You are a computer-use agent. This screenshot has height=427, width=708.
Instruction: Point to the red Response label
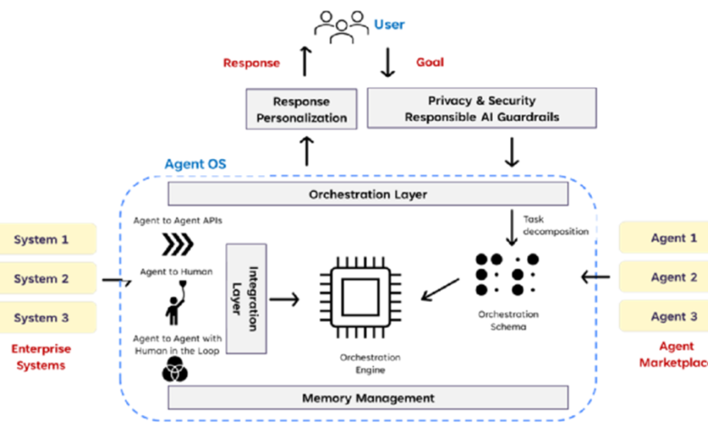click(251, 64)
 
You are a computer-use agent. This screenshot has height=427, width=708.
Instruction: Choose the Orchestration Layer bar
click(368, 194)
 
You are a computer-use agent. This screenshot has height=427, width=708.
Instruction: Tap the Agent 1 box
click(663, 238)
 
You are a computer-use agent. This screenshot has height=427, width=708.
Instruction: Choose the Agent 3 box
click(663, 317)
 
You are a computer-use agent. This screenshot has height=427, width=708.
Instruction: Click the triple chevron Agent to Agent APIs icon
click(178, 244)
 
